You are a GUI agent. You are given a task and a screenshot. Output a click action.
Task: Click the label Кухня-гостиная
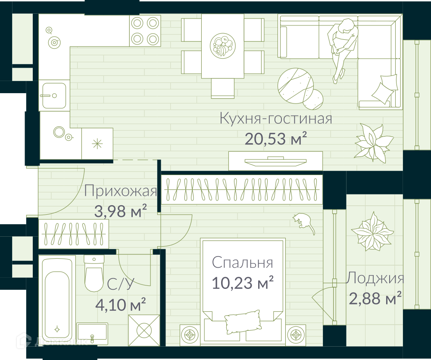pyautogui.click(x=276, y=119)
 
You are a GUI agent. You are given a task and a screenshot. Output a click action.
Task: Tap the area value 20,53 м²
pyautogui.click(x=276, y=138)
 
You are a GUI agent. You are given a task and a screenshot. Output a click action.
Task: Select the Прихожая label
pyautogui.click(x=121, y=191)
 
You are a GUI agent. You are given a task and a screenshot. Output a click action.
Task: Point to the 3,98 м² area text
pyautogui.click(x=120, y=211)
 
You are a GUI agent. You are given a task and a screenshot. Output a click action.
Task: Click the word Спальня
pyautogui.click(x=242, y=263)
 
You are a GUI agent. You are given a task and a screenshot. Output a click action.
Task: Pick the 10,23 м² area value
pyautogui.click(x=242, y=283)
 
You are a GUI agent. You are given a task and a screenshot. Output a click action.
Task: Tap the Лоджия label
pyautogui.click(x=375, y=278)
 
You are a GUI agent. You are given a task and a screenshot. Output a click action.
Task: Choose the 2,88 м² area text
pyautogui.click(x=375, y=298)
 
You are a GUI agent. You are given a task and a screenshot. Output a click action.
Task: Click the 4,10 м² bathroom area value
pyautogui.click(x=120, y=305)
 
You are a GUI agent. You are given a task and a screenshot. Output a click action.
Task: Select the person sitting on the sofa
pyautogui.click(x=343, y=50)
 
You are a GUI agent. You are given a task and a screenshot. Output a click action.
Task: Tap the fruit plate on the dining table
pyautogui.click(x=223, y=45)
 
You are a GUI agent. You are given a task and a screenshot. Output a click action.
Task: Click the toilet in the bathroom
pyautogui.click(x=94, y=273)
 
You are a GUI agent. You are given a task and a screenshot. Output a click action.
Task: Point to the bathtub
pyautogui.click(x=57, y=301)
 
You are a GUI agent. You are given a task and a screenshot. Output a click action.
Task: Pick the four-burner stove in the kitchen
pyautogui.click(x=144, y=30)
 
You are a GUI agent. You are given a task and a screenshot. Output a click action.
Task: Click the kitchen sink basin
pyautogui.click(x=54, y=95)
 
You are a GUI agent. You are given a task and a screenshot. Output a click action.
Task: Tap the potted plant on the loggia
pyautogui.click(x=372, y=231)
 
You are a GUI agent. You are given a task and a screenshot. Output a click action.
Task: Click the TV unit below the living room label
pyautogui.click(x=276, y=161)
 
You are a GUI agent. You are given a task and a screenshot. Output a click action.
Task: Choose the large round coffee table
pyautogui.click(x=296, y=85)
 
